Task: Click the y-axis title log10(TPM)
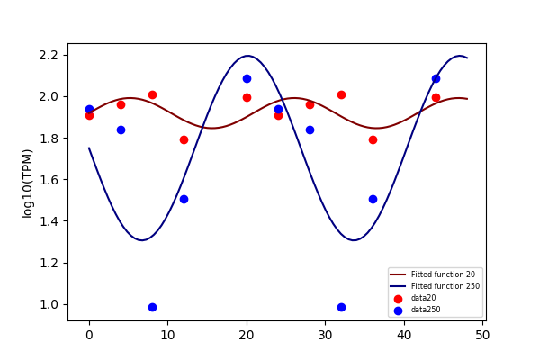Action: [27, 184]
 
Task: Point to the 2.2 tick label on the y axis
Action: [49, 56]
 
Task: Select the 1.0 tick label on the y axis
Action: [49, 305]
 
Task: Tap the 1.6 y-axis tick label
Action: [49, 180]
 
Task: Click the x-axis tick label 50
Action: [482, 335]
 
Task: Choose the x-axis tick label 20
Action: [247, 335]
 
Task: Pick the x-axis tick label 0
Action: [89, 335]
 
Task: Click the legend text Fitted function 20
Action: [443, 274]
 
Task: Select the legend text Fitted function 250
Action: [445, 286]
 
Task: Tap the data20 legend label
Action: [423, 298]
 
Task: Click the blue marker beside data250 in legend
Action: [398, 310]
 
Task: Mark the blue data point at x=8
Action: [152, 307]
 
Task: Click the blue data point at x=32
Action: [341, 307]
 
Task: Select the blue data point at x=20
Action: [247, 79]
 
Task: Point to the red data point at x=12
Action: [184, 139]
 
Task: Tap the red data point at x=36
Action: [373, 139]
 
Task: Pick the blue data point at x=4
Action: [121, 130]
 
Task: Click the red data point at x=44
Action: [436, 98]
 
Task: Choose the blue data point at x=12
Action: [184, 200]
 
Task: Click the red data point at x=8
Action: [152, 95]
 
